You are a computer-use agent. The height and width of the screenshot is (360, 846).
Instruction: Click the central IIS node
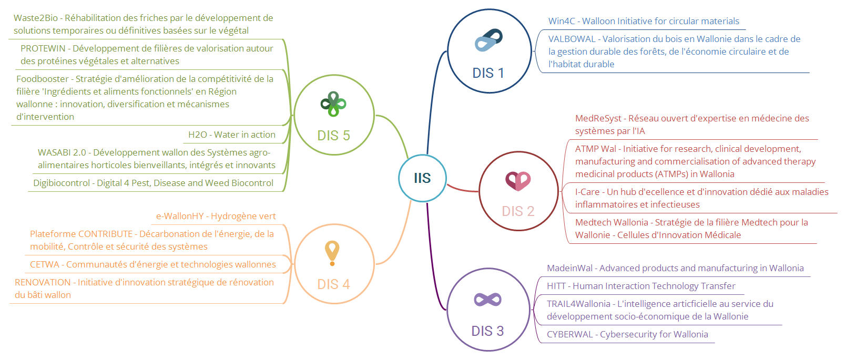click(x=422, y=178)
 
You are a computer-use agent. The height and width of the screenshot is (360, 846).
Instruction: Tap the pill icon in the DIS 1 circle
click(x=488, y=40)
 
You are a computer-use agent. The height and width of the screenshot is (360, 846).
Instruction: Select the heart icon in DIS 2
click(x=518, y=181)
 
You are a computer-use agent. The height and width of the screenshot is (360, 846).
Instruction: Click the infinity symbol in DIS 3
click(x=487, y=300)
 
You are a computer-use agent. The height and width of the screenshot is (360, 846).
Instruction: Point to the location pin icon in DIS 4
click(x=332, y=253)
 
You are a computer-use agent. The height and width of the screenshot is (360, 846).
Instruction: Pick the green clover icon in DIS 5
click(x=333, y=104)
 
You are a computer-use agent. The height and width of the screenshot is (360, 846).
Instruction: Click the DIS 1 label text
click(x=488, y=73)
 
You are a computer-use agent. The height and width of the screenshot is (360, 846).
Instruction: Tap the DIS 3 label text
click(x=487, y=331)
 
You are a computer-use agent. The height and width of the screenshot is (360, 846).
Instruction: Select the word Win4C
click(x=562, y=21)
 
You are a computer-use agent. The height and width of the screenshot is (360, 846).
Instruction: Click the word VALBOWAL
click(x=572, y=39)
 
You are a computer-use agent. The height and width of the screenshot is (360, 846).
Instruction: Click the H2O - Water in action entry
click(x=232, y=135)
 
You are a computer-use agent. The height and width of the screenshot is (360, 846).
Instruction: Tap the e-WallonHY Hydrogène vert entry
click(x=216, y=216)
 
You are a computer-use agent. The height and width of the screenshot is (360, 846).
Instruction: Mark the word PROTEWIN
click(x=43, y=48)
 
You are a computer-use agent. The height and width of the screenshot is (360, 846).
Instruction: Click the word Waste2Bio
click(x=36, y=18)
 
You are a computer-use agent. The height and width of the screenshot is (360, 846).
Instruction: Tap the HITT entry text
click(x=641, y=286)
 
